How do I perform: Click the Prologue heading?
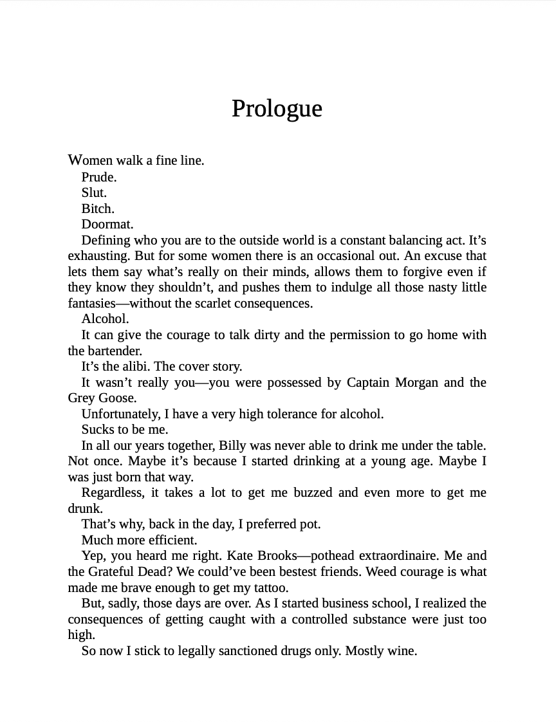pos(277,109)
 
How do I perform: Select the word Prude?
pos(98,177)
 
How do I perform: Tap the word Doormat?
pos(107,225)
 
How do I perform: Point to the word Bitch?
pos(97,208)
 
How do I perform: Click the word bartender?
pos(104,351)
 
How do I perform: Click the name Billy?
pos(234,446)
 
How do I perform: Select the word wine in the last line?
pos(402,651)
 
